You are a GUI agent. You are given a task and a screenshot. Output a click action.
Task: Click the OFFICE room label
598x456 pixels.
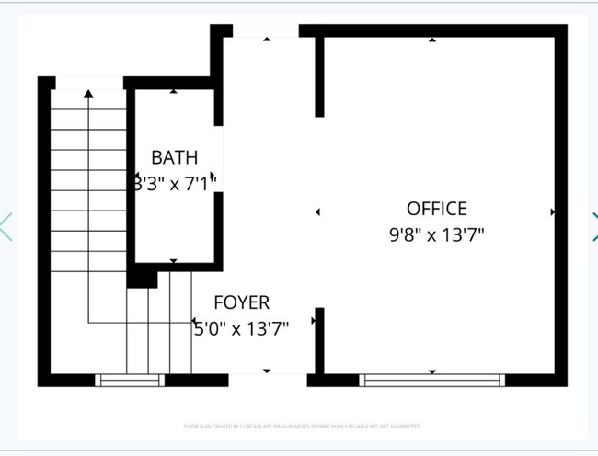(436, 209)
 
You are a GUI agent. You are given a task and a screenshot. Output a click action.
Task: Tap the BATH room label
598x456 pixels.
(174, 157)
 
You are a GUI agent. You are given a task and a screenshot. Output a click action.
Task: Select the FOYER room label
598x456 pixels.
(241, 302)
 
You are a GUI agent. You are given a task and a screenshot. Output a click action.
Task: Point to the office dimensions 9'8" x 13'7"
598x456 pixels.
(436, 234)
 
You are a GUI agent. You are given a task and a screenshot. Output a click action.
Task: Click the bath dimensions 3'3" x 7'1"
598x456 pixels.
(174, 181)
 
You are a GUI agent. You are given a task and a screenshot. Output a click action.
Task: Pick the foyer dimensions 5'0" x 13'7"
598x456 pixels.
(241, 328)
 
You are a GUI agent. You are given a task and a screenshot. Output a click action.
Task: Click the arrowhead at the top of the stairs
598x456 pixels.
(88, 93)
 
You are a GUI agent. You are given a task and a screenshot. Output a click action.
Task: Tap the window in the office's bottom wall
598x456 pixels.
(431, 380)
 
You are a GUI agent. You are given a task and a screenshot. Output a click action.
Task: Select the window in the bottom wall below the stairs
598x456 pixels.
(131, 380)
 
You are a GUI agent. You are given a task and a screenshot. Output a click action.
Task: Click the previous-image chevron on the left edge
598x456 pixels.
(6, 226)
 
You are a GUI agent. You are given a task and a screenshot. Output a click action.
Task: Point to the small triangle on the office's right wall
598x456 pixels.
(552, 211)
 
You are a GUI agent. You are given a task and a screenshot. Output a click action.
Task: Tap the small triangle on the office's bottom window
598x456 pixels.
(431, 371)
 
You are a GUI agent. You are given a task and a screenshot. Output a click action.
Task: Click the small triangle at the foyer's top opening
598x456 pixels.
(267, 40)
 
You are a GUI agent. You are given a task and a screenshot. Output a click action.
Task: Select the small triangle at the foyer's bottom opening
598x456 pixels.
(267, 370)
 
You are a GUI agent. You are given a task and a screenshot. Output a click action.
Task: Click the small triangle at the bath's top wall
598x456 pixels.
(174, 91)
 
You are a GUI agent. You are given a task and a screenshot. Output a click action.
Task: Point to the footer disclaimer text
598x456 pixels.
(302, 427)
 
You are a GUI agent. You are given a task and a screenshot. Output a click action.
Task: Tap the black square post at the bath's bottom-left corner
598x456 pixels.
(138, 277)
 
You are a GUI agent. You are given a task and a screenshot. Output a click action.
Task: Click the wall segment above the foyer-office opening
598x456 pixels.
(319, 76)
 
